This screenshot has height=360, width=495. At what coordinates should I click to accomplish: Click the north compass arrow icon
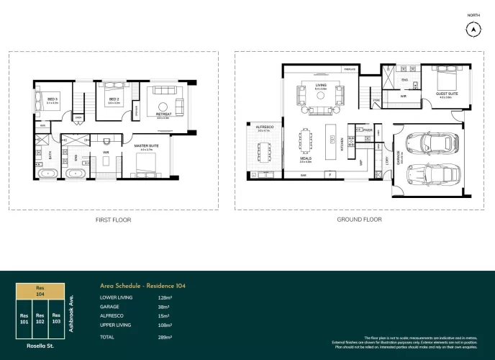click(x=473, y=30)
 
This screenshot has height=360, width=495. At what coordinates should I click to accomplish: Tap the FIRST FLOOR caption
click(x=114, y=220)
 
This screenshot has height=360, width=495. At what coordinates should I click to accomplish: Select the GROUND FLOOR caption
click(x=359, y=220)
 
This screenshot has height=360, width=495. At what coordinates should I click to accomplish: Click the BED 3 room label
click(x=53, y=99)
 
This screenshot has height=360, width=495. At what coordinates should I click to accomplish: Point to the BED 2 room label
click(x=114, y=99)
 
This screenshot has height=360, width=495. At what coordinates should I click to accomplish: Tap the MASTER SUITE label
click(x=147, y=146)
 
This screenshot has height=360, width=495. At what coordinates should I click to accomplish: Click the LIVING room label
click(x=321, y=85)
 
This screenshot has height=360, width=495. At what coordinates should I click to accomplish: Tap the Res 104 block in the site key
click(x=40, y=291)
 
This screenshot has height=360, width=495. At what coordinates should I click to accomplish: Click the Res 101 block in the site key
click(x=24, y=318)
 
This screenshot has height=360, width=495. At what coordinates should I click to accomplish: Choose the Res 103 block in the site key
click(x=56, y=318)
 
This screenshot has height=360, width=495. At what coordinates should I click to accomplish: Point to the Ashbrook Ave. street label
click(x=73, y=309)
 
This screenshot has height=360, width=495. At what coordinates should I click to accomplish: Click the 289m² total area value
click(x=165, y=336)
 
